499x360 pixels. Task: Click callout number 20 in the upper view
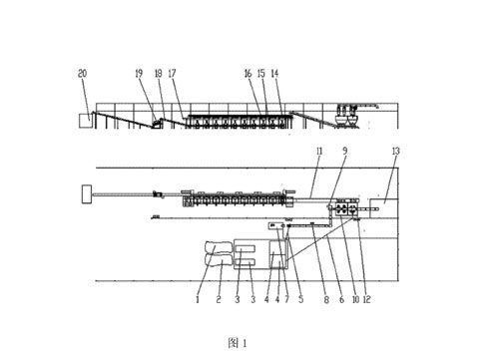[x=82, y=73]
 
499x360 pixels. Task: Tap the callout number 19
[x=139, y=73]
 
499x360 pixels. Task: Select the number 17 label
[x=172, y=73]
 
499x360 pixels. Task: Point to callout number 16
[x=249, y=74]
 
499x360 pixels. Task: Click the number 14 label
[x=274, y=74]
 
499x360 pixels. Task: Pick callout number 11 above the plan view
[x=319, y=152]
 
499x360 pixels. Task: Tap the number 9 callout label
[x=345, y=151]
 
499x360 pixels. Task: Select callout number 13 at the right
[x=395, y=152]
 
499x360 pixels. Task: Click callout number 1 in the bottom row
[x=198, y=299]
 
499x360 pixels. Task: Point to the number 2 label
[x=219, y=299]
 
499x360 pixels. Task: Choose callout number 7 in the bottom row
[x=286, y=299]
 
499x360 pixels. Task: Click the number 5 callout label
[x=301, y=299]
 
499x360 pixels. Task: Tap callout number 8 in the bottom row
[x=326, y=299]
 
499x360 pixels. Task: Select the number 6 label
[x=341, y=299]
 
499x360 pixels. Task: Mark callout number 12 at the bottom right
[x=366, y=299]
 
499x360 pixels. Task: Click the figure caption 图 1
[x=238, y=343]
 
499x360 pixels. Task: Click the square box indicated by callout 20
[x=84, y=121]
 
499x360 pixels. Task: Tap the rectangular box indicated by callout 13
[x=384, y=208]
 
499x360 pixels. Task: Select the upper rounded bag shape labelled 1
[x=218, y=248]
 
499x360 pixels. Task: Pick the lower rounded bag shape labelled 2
[x=218, y=260]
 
